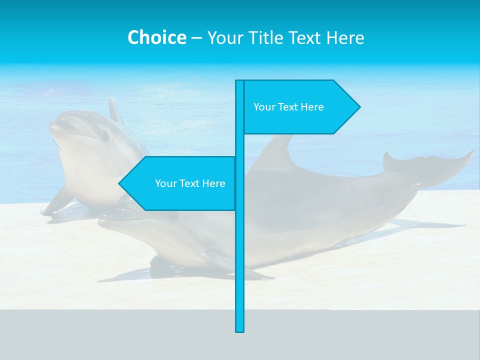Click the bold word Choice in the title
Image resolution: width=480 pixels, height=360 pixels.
pos(156,37)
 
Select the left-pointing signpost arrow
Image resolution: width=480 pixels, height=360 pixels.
pos(180,183)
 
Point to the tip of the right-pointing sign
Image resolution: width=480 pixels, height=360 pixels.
pos(359,106)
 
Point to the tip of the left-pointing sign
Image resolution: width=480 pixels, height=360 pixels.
pos(119,183)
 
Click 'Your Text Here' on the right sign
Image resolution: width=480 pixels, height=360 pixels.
pos(288,107)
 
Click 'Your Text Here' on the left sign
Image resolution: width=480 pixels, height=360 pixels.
pos(190,183)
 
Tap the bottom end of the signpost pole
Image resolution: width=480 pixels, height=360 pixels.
pos(240,330)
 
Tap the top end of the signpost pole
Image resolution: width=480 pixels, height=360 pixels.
pos(240,82)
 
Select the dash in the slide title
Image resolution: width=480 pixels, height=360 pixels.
pos(196,37)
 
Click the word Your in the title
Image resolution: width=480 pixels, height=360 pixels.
pos(224,37)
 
